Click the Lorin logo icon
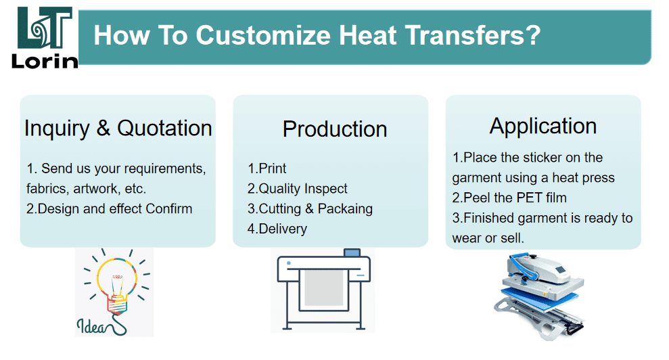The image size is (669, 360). (45, 28)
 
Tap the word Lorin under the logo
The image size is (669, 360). (45, 61)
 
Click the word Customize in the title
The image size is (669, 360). (263, 35)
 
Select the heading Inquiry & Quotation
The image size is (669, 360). (118, 128)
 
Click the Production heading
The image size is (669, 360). (335, 129)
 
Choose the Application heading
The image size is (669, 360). (543, 127)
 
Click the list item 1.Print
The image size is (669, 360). (267, 168)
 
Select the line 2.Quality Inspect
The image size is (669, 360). (298, 188)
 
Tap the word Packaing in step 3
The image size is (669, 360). (345, 209)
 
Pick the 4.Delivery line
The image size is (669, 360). (277, 229)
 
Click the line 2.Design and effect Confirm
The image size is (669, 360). (109, 209)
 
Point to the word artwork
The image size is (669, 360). (95, 189)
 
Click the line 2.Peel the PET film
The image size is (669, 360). (509, 198)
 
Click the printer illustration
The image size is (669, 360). (323, 290)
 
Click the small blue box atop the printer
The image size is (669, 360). (352, 253)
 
